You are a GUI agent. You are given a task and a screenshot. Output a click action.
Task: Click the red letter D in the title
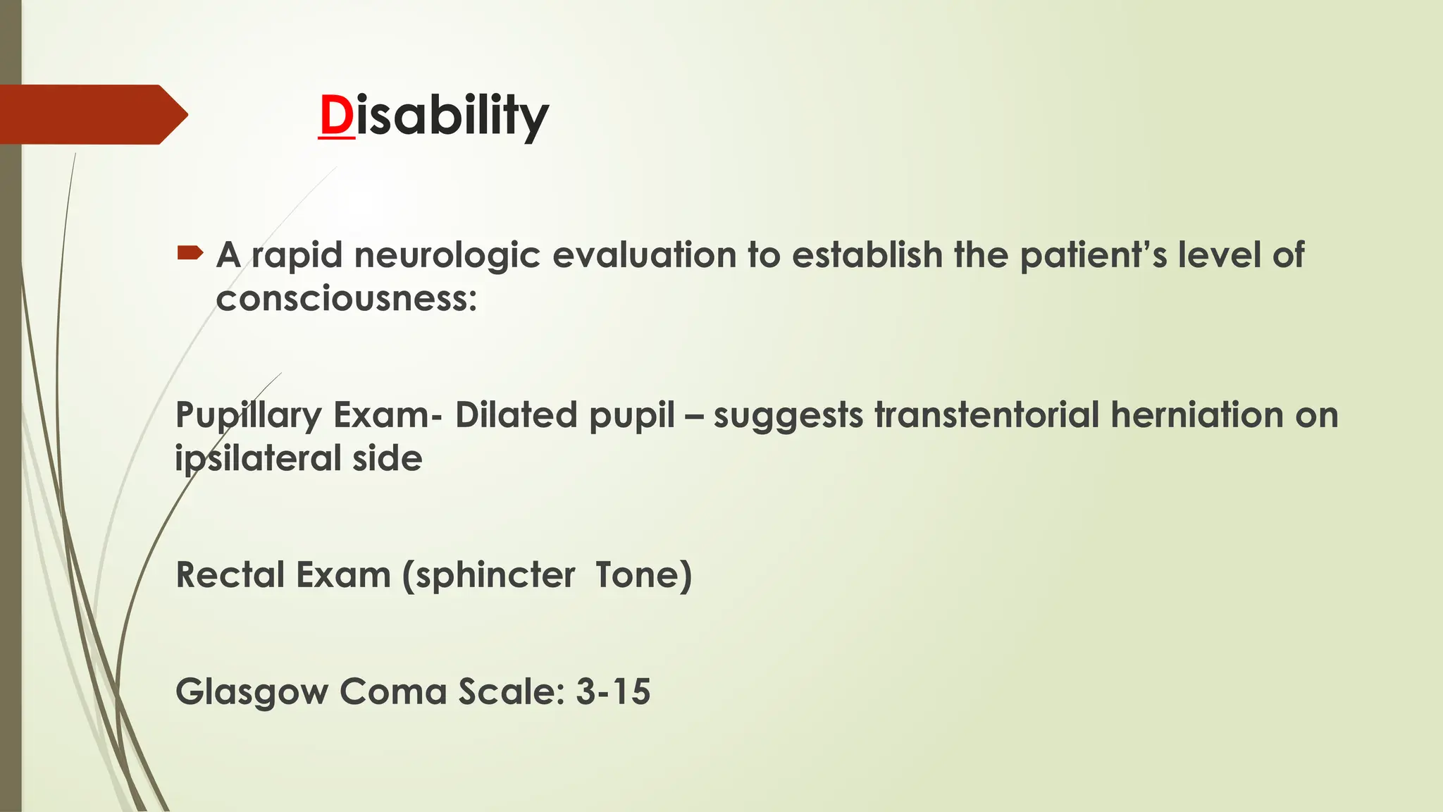pos(336,116)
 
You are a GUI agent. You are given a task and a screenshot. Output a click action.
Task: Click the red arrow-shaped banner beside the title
pos(92,114)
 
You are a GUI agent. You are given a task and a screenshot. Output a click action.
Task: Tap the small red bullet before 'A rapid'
pos(190,252)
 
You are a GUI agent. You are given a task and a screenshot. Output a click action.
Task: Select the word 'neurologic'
pos(447,255)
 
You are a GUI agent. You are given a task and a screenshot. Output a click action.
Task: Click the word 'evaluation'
pos(644,255)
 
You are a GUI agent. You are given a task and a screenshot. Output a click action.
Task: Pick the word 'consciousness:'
pos(347,299)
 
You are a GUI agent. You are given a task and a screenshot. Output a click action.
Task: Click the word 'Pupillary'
pos(248,416)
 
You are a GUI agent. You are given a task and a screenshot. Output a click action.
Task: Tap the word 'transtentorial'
pos(986,414)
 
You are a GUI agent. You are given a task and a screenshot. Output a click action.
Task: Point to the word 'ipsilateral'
pos(258,460)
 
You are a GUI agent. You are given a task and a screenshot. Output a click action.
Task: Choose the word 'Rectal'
pos(230,574)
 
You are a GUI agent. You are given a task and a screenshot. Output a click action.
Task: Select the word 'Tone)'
pos(643,574)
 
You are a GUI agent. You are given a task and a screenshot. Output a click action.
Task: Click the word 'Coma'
pos(392,691)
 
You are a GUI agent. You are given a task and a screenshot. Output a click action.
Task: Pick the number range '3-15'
pos(613,691)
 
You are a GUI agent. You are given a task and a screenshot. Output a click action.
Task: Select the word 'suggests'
pos(788,416)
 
